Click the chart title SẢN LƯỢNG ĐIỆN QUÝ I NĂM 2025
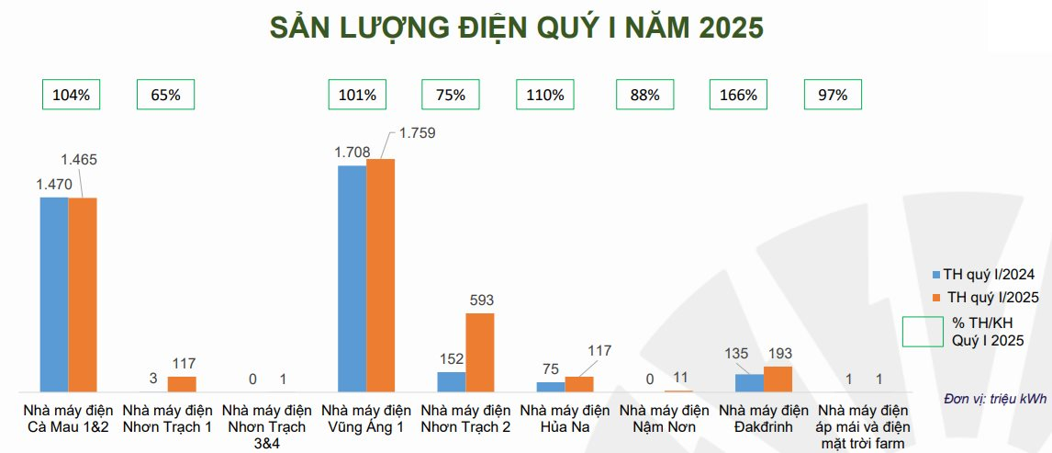pyautogui.click(x=516, y=28)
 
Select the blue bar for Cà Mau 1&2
pyautogui.click(x=54, y=294)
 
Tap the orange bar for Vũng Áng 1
pyautogui.click(x=380, y=276)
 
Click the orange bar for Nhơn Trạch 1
pyautogui.click(x=182, y=384)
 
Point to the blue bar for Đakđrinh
pyautogui.click(x=749, y=382)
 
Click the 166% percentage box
pyautogui.click(x=739, y=95)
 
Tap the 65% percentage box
pyautogui.click(x=166, y=95)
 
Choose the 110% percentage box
pyautogui.click(x=545, y=95)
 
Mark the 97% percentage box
pyautogui.click(x=834, y=95)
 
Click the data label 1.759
pyautogui.click(x=416, y=132)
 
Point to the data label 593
pyautogui.click(x=479, y=301)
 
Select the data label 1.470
pyautogui.click(x=54, y=184)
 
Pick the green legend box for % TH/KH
pyautogui.click(x=923, y=333)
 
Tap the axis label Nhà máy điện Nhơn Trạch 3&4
pyautogui.click(x=267, y=425)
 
